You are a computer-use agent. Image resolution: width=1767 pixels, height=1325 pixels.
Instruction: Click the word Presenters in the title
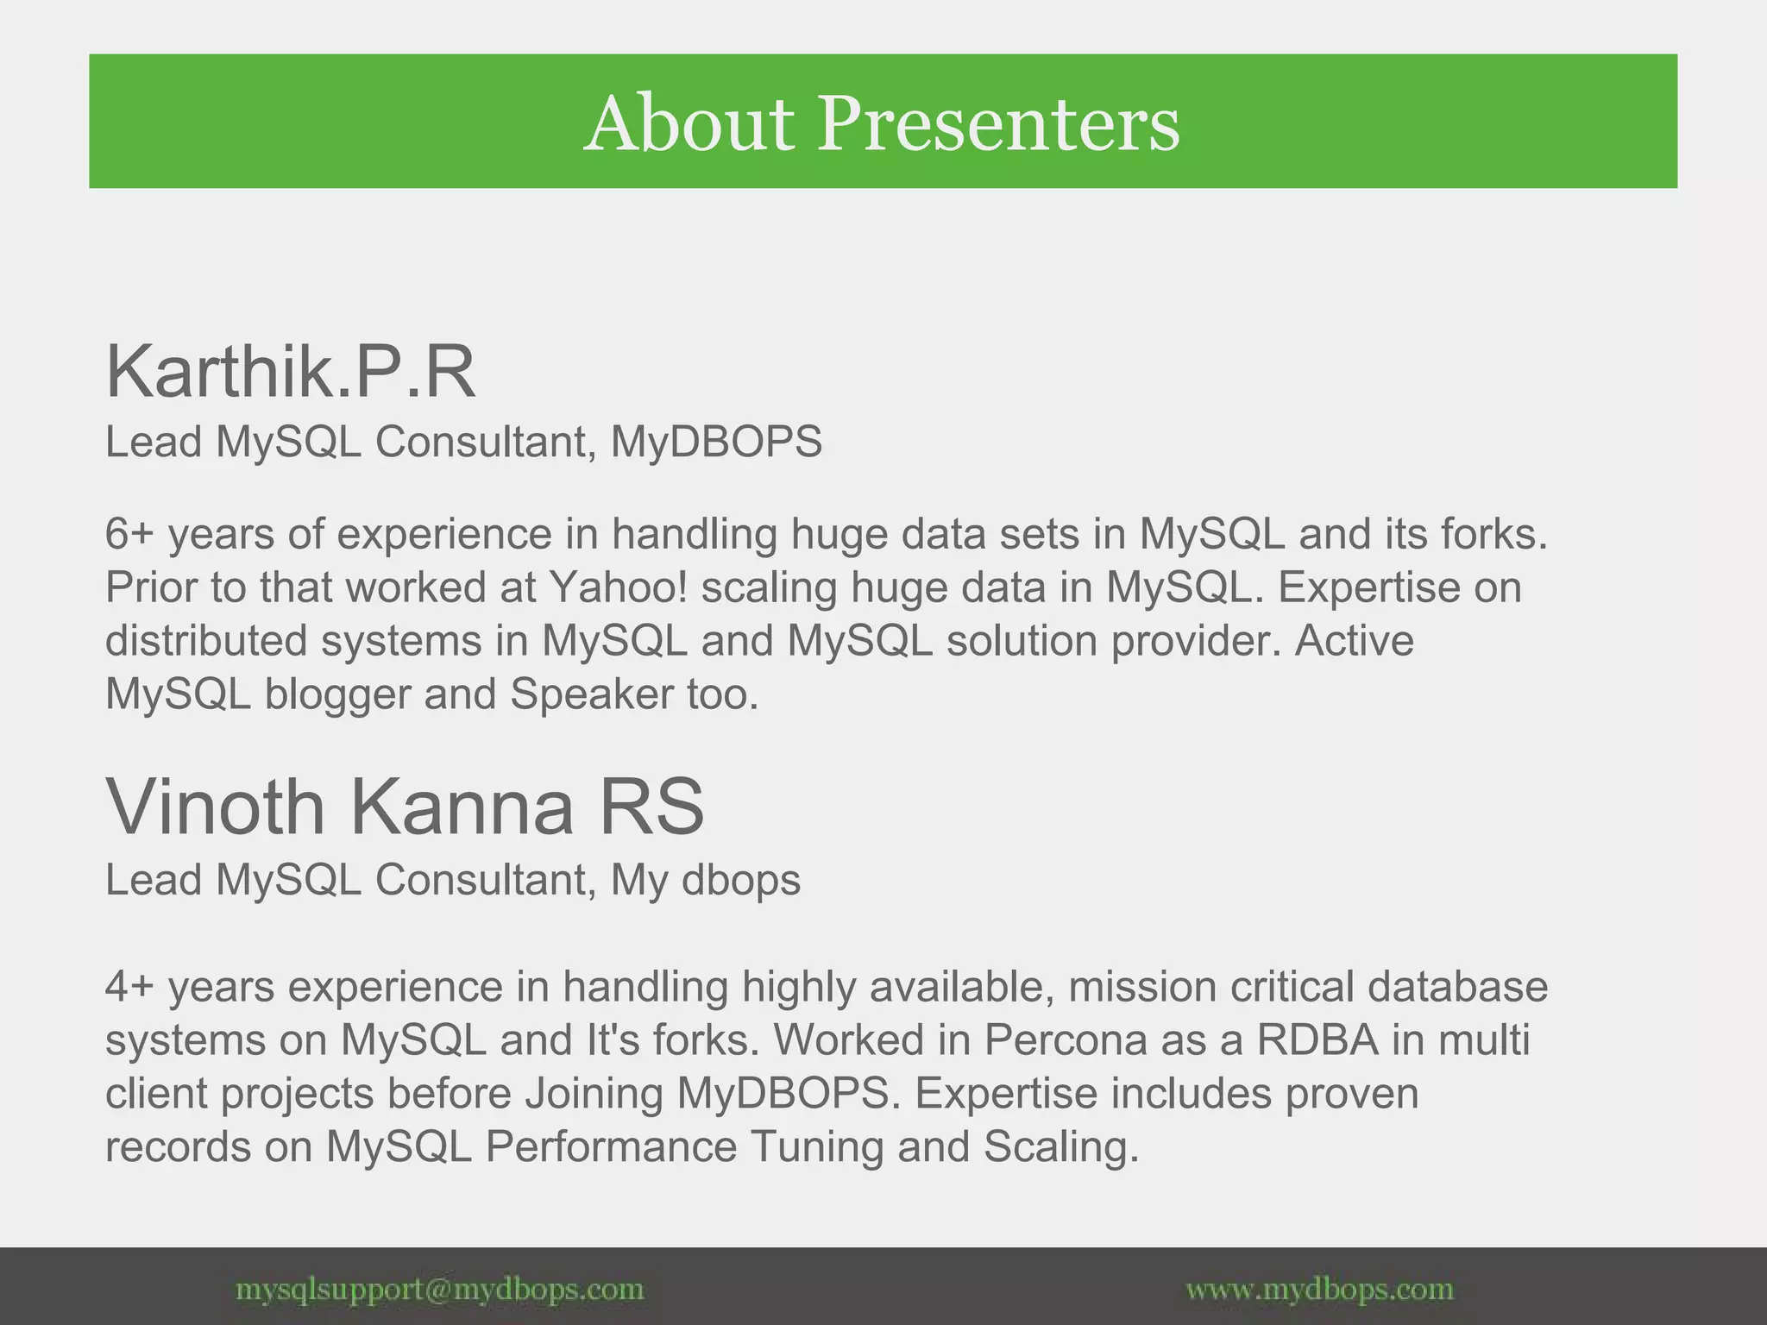pyautogui.click(x=998, y=125)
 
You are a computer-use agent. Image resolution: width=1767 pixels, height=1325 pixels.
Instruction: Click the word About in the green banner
pyautogui.click(x=689, y=125)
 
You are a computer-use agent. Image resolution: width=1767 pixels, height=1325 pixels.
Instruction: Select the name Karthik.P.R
pyautogui.click(x=290, y=373)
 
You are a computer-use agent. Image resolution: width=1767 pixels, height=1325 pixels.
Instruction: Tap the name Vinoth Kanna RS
pyautogui.click(x=405, y=807)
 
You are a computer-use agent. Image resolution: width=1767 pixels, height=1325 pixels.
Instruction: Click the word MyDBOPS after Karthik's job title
pyautogui.click(x=716, y=443)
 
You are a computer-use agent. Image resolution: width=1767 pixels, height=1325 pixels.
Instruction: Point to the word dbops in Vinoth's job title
pyautogui.click(x=741, y=881)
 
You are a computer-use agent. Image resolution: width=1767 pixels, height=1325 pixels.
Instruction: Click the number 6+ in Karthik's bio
pyautogui.click(x=129, y=534)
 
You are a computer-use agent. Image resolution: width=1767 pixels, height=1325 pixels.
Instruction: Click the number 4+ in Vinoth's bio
pyautogui.click(x=129, y=987)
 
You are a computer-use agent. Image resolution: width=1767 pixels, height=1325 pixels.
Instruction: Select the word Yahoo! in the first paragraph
pyautogui.click(x=619, y=588)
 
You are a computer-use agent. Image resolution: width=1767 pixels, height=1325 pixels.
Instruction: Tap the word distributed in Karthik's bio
pyautogui.click(x=206, y=642)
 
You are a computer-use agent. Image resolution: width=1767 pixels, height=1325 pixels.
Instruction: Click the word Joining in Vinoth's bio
pyautogui.click(x=594, y=1095)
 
